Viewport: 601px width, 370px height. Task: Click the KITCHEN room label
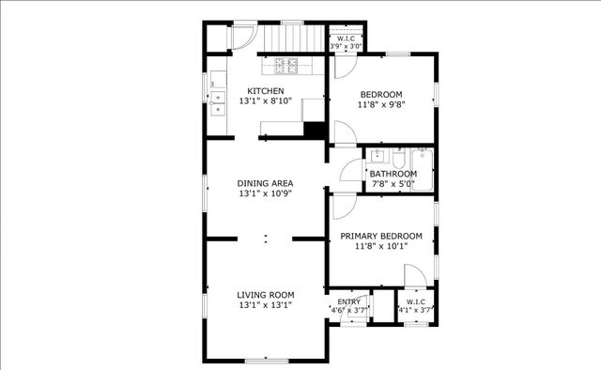pyautogui.click(x=266, y=91)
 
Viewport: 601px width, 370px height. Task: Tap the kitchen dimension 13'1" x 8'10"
pyautogui.click(x=266, y=101)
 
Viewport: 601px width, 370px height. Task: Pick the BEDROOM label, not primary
pyautogui.click(x=380, y=94)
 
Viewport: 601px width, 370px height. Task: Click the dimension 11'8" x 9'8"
pyautogui.click(x=380, y=104)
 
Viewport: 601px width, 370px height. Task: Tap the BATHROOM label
pyautogui.click(x=393, y=174)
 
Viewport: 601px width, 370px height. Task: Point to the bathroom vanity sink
pyautogui.click(x=378, y=156)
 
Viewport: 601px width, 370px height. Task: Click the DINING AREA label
pyautogui.click(x=266, y=183)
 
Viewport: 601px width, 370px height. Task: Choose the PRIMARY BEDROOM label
pyautogui.click(x=380, y=236)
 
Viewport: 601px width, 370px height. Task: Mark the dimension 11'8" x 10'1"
pyautogui.click(x=380, y=246)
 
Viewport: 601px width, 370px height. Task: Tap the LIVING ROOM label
pyautogui.click(x=266, y=294)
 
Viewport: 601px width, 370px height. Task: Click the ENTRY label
pyautogui.click(x=348, y=301)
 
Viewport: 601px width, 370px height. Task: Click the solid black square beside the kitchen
pyautogui.click(x=315, y=131)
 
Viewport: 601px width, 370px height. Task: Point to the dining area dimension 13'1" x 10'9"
pyautogui.click(x=266, y=193)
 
